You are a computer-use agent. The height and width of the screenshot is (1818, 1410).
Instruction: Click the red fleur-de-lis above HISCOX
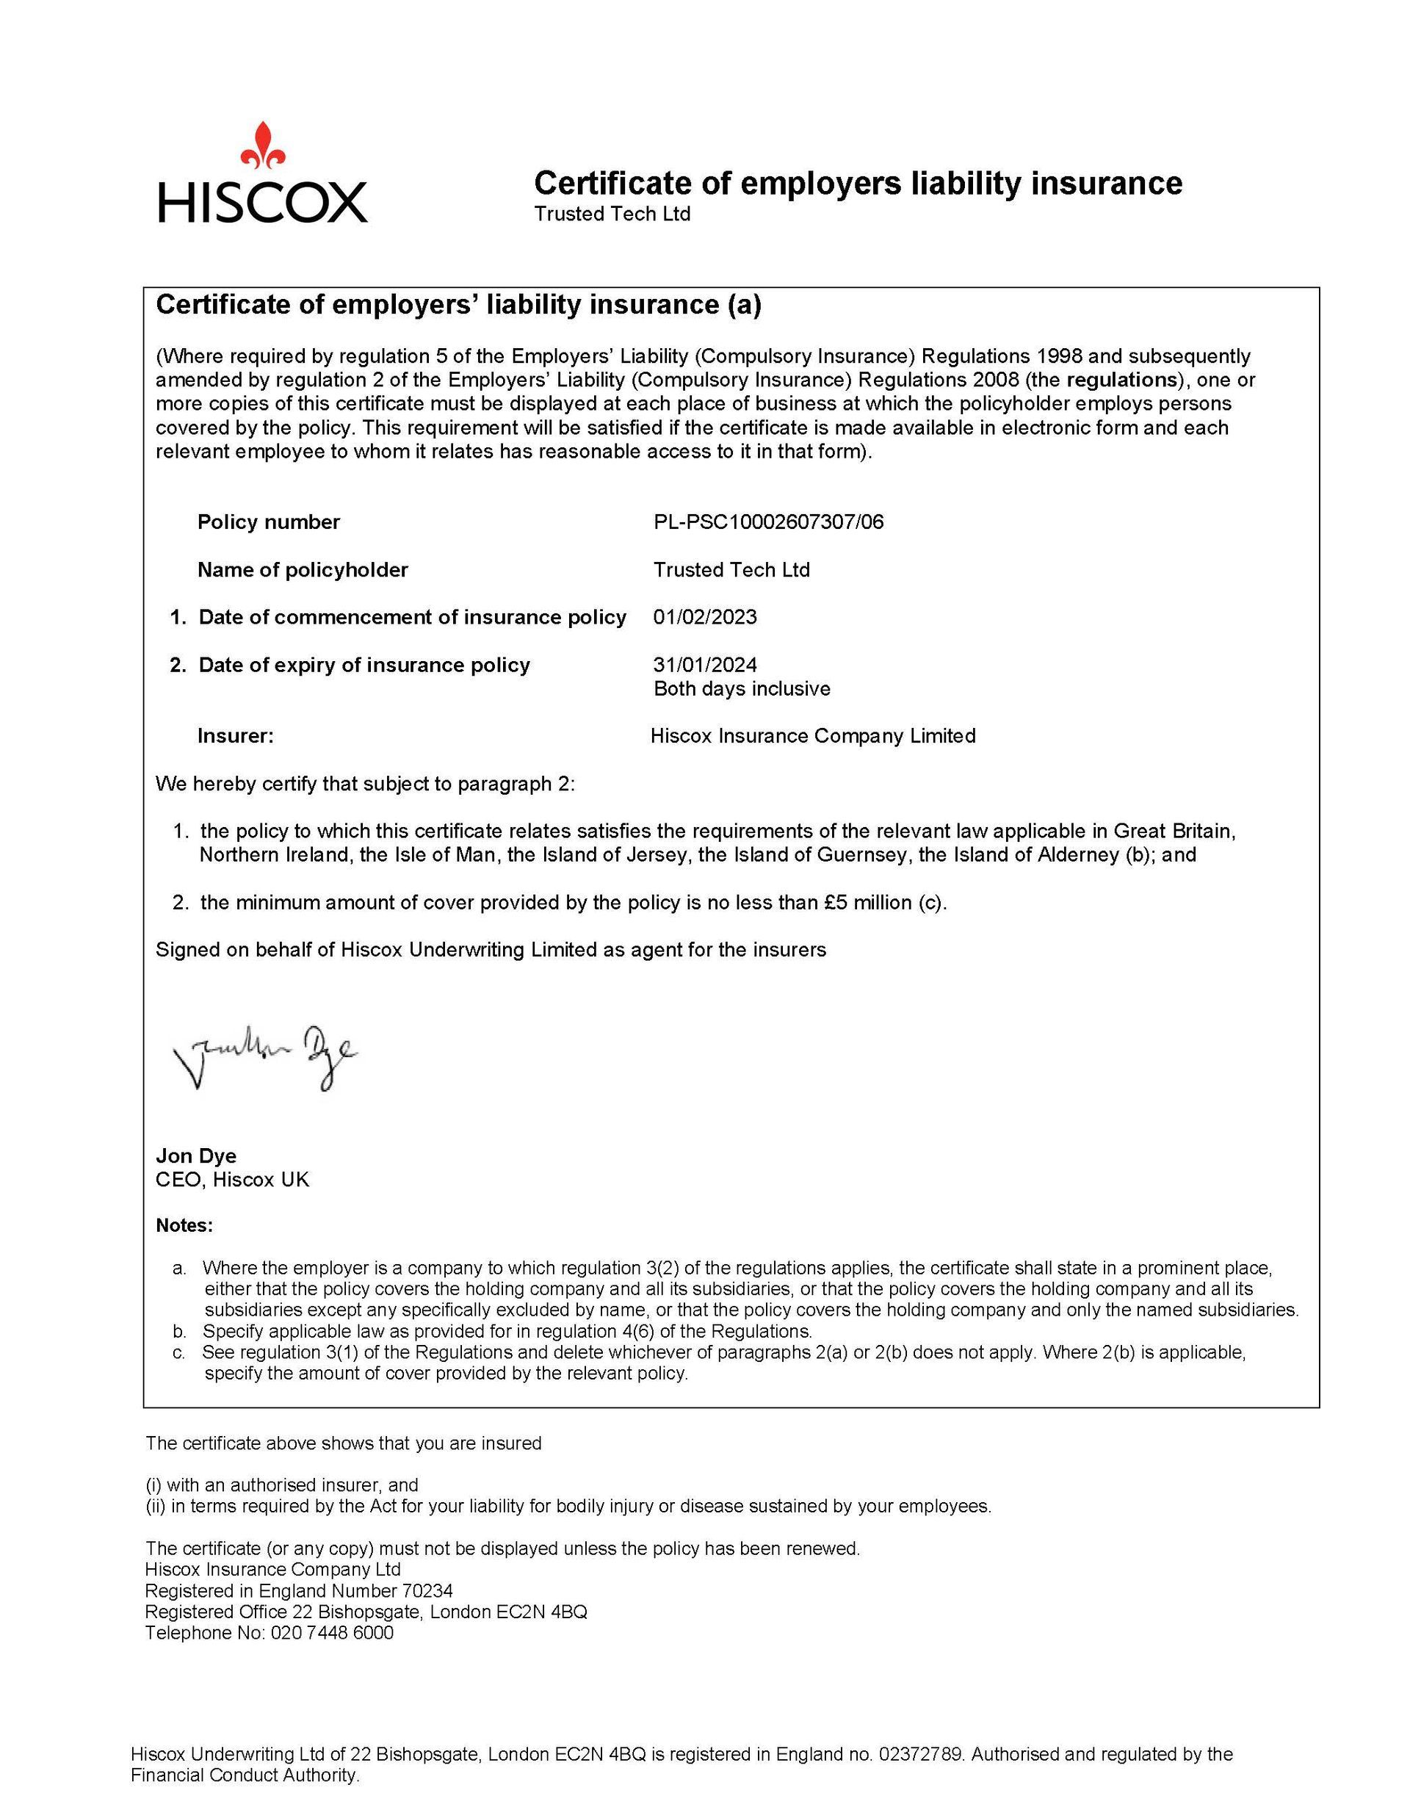(x=263, y=145)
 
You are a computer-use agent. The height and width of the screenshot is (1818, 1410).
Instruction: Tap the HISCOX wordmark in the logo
(x=262, y=202)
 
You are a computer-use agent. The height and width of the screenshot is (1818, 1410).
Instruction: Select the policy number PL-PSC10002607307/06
(x=768, y=522)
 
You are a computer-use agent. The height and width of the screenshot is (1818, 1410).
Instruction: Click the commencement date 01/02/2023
(x=705, y=617)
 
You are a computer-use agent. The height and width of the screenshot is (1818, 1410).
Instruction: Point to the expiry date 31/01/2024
(x=705, y=664)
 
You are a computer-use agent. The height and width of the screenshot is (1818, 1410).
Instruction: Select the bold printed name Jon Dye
(x=195, y=1155)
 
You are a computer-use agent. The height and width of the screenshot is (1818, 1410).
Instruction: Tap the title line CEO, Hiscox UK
(x=232, y=1180)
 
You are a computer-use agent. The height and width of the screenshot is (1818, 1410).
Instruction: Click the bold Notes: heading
(x=184, y=1225)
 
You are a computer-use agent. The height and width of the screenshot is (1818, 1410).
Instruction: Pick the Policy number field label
(x=268, y=522)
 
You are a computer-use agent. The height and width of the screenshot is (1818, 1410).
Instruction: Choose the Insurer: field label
(x=236, y=736)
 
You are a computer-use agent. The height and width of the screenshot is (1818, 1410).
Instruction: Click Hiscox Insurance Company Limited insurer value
(x=812, y=736)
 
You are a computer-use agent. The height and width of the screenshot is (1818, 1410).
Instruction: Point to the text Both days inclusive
(x=742, y=688)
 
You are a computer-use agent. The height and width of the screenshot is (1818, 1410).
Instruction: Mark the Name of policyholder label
(x=302, y=569)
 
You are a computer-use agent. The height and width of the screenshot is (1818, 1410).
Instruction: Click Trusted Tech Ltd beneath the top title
(x=612, y=214)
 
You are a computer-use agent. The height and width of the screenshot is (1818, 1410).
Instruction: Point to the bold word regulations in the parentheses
(x=1118, y=380)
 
